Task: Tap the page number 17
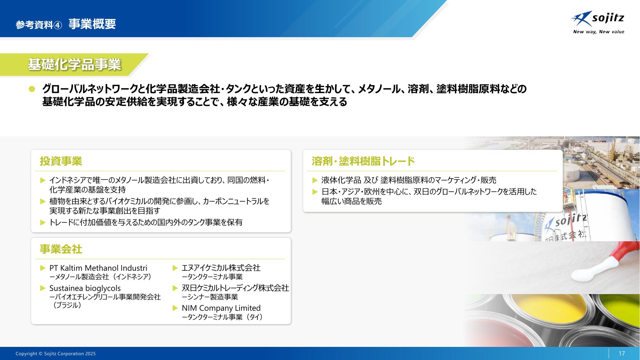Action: coord(621,353)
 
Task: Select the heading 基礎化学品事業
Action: coord(74,65)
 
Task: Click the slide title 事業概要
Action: coord(92,24)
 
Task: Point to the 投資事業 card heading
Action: coord(61,161)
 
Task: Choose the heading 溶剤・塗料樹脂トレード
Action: coord(363,161)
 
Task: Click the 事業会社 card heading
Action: coord(61,249)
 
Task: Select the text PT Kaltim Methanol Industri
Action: coord(98,268)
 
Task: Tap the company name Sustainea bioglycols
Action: coord(85,288)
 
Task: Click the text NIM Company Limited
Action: coord(221,308)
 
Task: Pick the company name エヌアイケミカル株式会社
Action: coord(221,268)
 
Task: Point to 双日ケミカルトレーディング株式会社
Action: coord(235,288)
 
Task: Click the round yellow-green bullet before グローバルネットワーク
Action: coord(32,89)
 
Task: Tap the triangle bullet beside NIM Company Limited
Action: coord(175,308)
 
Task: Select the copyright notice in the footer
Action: coord(56,354)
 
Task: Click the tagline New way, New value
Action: coord(598,32)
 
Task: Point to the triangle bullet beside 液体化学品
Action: coord(315,180)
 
